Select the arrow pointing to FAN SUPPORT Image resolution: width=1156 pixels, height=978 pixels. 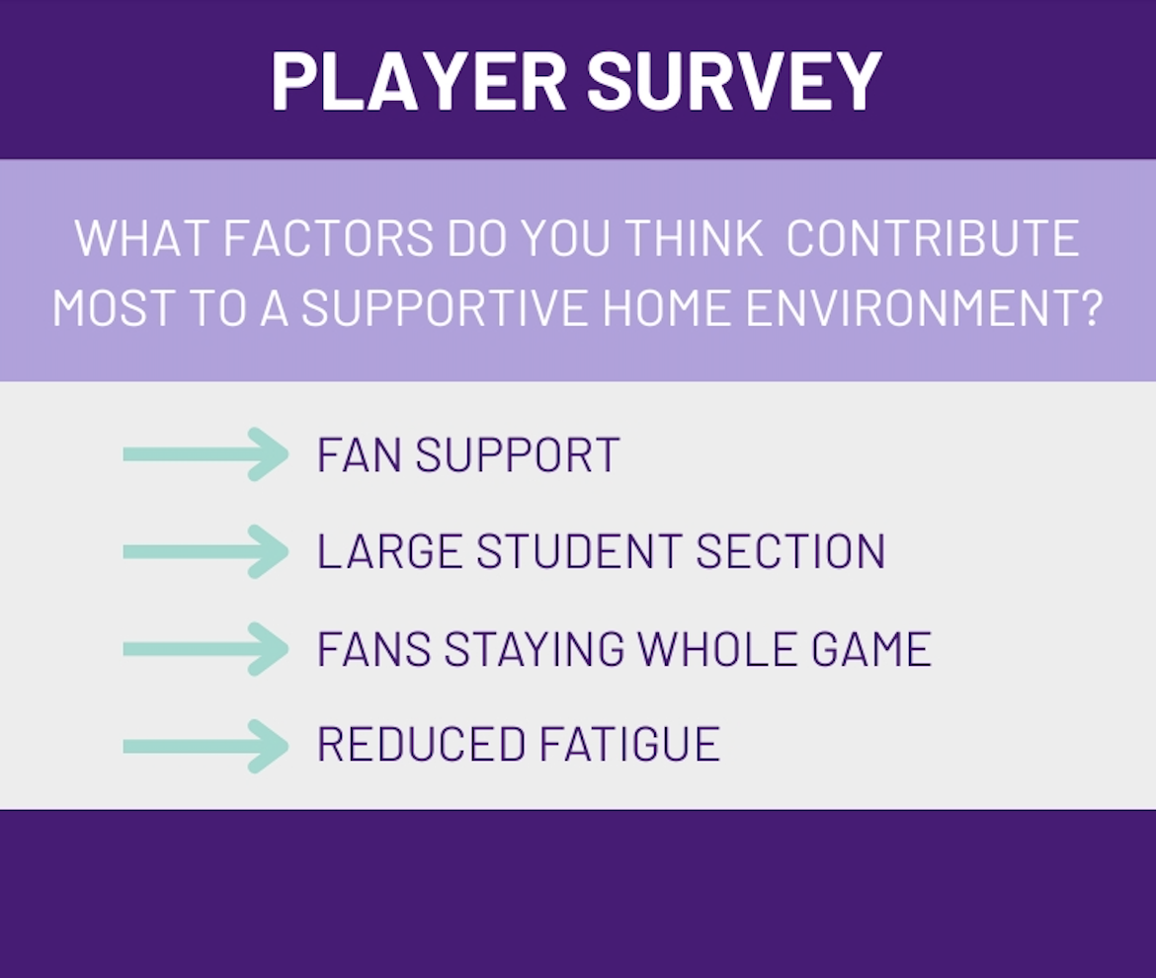click(x=206, y=454)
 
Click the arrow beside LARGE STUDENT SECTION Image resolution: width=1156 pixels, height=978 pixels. click(x=206, y=551)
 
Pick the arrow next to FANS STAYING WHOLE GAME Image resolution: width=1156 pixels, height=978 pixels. click(x=206, y=649)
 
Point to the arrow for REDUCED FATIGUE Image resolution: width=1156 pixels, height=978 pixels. click(x=206, y=746)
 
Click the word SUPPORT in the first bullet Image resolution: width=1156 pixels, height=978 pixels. click(x=518, y=454)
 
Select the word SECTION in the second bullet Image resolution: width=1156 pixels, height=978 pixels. click(x=790, y=551)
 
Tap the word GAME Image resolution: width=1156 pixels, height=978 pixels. click(x=871, y=649)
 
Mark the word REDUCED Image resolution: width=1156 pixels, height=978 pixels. click(x=421, y=744)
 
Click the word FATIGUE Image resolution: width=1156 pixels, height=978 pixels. click(x=629, y=744)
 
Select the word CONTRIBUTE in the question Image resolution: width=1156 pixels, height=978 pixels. click(x=933, y=238)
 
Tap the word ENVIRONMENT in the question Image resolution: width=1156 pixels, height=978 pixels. click(x=924, y=308)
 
